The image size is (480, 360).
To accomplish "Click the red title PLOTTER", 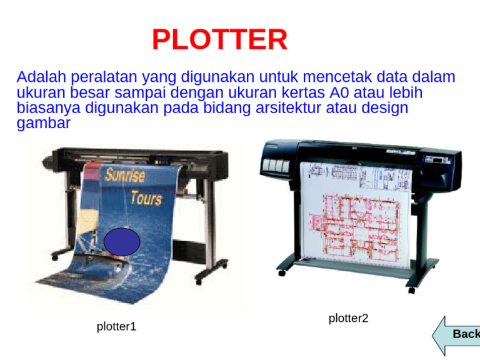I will pyautogui.click(x=219, y=40).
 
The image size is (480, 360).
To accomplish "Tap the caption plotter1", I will pyautogui.click(x=116, y=326).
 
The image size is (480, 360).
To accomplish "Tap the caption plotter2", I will pyautogui.click(x=348, y=318).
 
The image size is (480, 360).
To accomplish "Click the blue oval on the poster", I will pyautogui.click(x=122, y=242).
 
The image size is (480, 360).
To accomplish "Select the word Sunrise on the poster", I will pyautogui.click(x=125, y=174).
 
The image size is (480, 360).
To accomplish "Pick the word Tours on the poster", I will pyautogui.click(x=146, y=198).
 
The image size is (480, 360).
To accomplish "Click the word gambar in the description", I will pyautogui.click(x=44, y=123).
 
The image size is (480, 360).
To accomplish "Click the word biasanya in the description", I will pyautogui.click(x=49, y=108).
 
